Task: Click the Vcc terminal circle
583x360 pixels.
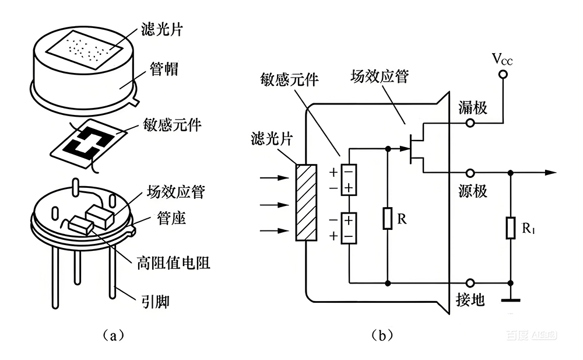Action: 503,74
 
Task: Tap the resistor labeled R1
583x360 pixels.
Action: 511,228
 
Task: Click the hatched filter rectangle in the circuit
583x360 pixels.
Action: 306,202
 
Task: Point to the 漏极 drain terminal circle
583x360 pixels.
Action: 470,123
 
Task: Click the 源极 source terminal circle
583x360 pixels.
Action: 470,173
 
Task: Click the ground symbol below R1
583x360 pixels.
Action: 511,299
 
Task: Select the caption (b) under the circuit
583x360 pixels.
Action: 381,336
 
